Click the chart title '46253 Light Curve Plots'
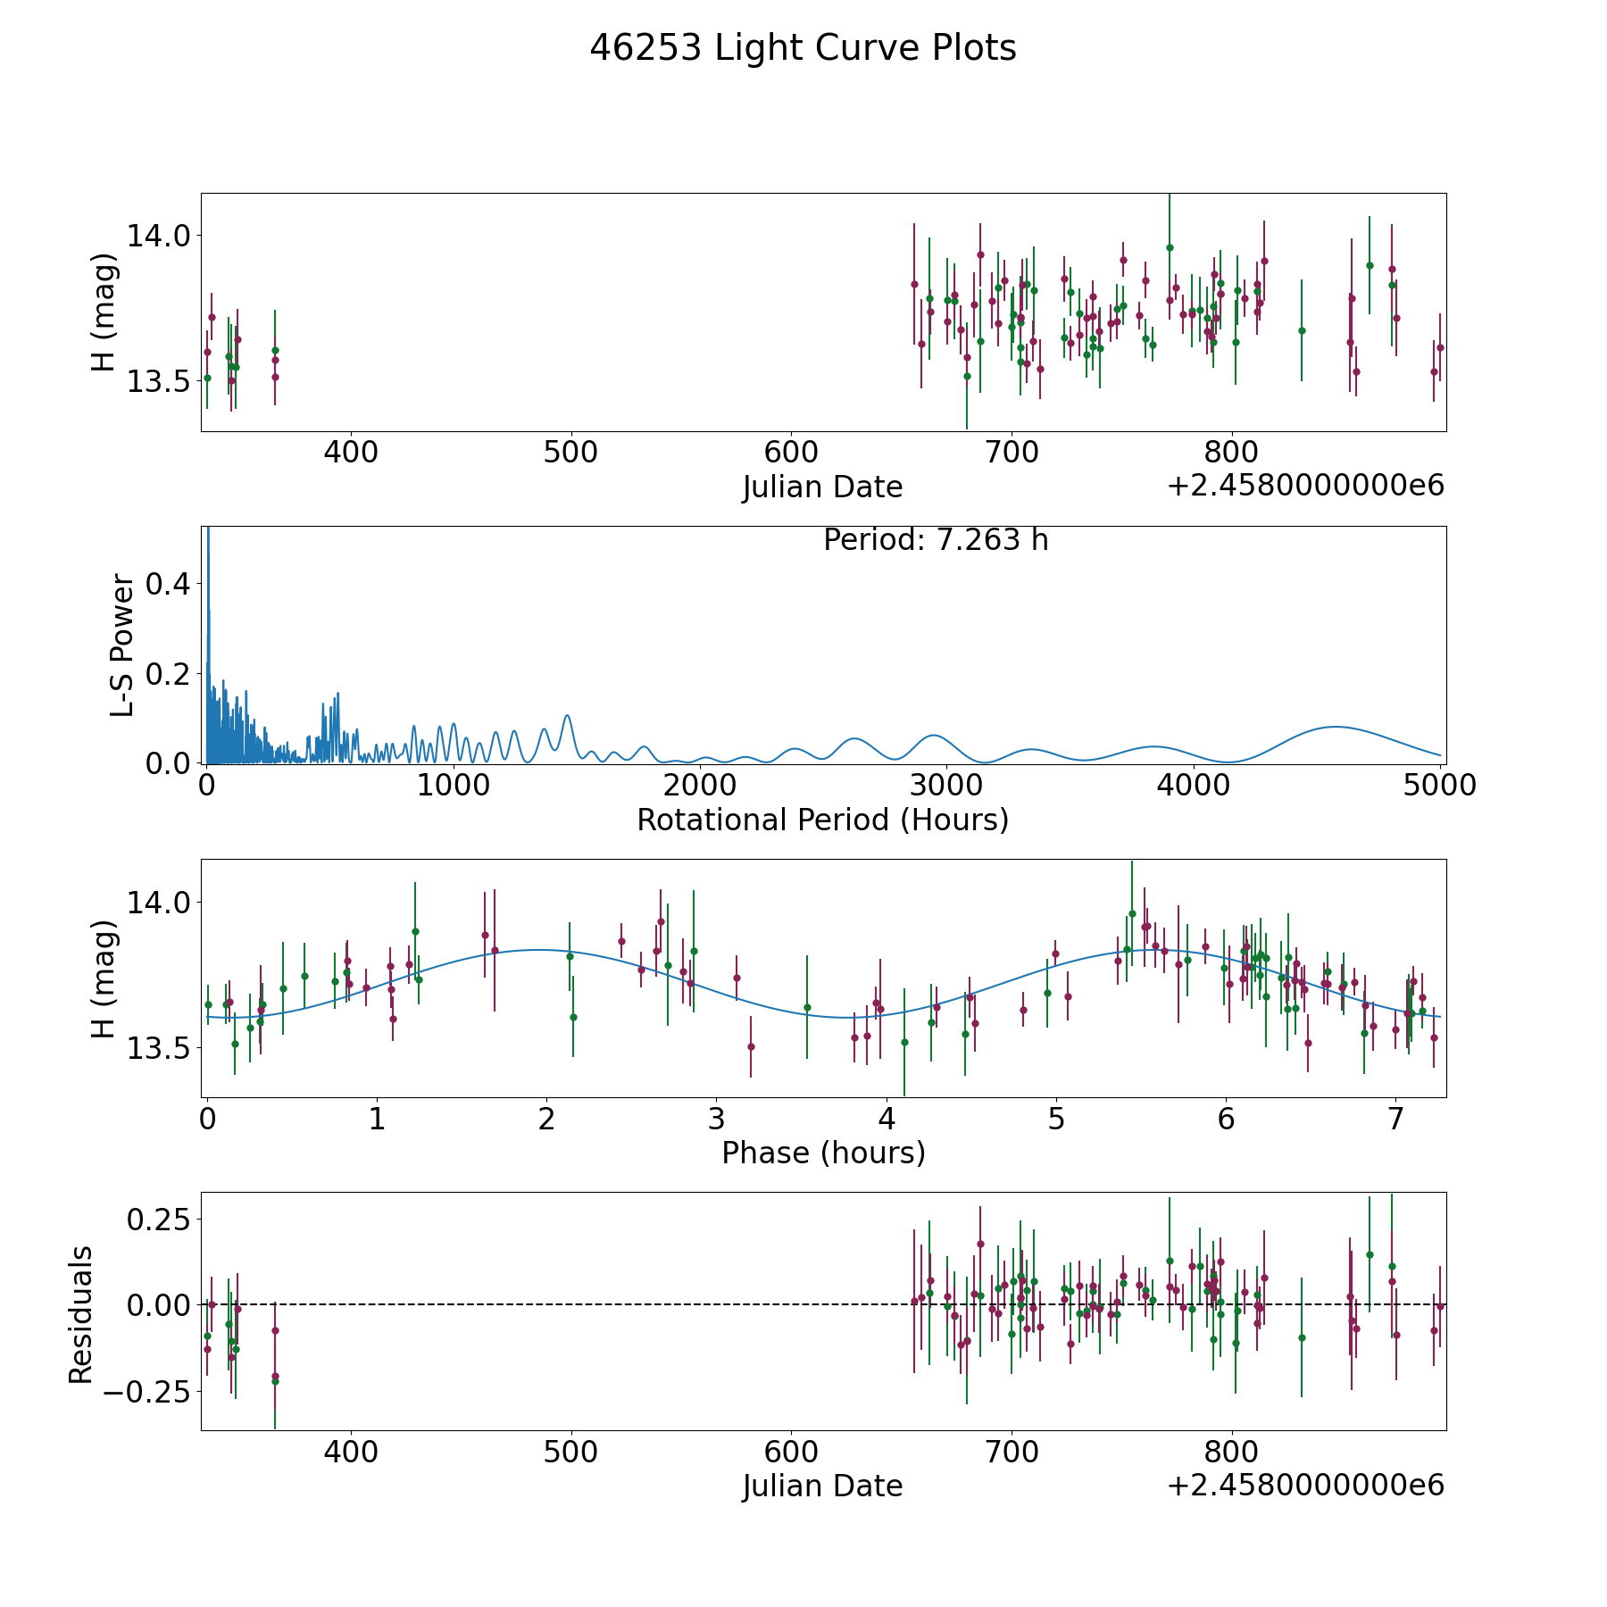tap(803, 48)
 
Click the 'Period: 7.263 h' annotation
tap(936, 540)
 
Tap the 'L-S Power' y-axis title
tap(123, 645)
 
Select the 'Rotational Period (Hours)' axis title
tap(822, 820)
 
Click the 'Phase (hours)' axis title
tap(823, 1153)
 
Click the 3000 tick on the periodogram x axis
tap(945, 786)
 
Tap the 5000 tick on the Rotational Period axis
tap(1439, 786)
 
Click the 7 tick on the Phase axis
tap(1395, 1119)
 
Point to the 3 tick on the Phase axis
tap(716, 1119)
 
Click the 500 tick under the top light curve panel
tap(571, 453)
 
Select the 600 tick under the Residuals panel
tap(792, 1452)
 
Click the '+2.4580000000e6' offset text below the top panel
tap(1305, 486)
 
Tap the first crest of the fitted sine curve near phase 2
tap(537, 950)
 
